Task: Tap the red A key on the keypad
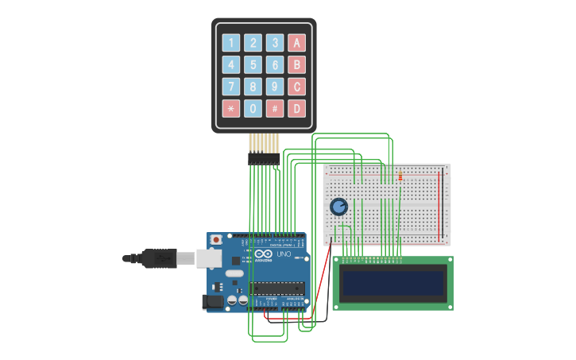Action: [296, 43]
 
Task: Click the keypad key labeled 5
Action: [253, 65]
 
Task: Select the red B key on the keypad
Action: [296, 65]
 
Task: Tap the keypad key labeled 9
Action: [275, 87]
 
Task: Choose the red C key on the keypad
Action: [296, 87]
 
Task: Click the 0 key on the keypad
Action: [253, 109]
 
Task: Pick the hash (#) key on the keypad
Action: [275, 109]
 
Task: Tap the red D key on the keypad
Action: [296, 109]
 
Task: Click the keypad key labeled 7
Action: [231, 87]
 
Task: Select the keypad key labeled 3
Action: [275, 43]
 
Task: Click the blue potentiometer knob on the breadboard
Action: [339, 207]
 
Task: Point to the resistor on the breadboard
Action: [400, 176]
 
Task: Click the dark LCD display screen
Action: [392, 283]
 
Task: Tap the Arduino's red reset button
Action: [215, 239]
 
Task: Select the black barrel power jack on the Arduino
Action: [212, 301]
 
